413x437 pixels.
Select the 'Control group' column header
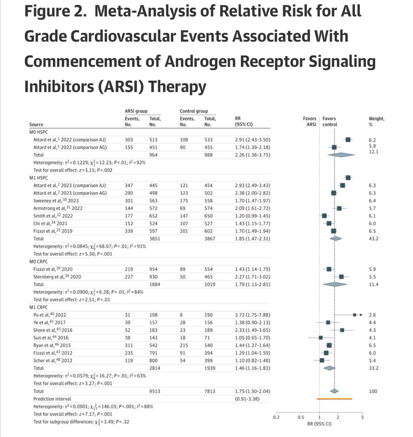[194, 111]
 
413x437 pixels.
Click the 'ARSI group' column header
[136, 111]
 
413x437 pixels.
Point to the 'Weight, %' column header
[377, 121]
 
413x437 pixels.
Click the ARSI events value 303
[130, 139]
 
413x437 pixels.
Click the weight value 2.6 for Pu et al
[373, 315]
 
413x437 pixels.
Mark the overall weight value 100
[373, 391]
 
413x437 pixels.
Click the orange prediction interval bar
[335, 399]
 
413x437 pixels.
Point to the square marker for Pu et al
[355, 315]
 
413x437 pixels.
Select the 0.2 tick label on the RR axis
[277, 417]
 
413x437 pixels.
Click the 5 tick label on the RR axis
[363, 417]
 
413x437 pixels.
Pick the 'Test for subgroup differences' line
[81, 422]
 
